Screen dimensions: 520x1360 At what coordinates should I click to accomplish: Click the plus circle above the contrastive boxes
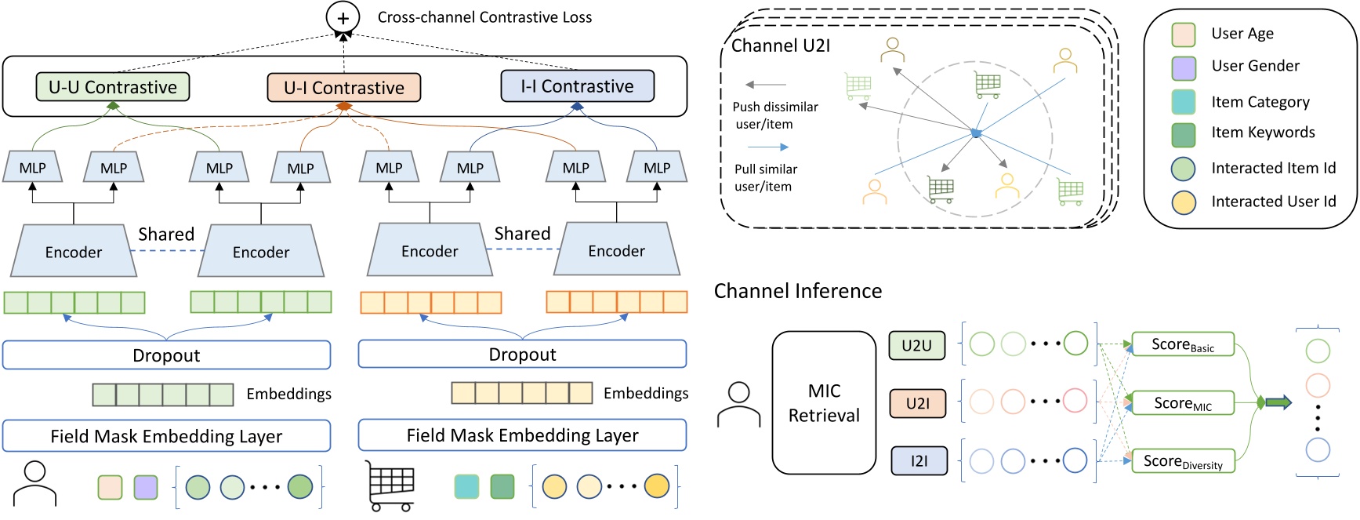click(x=343, y=16)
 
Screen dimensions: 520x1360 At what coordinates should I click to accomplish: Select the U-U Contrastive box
click(x=113, y=87)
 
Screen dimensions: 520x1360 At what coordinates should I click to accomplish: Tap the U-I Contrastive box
click(x=343, y=88)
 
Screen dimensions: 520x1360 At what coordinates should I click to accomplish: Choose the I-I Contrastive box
click(x=577, y=86)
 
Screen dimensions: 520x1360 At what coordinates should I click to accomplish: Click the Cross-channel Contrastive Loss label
click(x=484, y=17)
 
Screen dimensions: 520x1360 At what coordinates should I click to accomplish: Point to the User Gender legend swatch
click(x=1184, y=68)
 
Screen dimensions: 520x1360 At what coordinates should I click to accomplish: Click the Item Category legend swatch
click(x=1184, y=102)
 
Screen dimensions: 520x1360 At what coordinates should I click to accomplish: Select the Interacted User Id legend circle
click(x=1184, y=202)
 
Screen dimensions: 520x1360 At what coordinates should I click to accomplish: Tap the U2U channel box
click(x=917, y=345)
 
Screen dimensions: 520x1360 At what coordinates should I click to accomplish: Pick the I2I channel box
click(x=919, y=461)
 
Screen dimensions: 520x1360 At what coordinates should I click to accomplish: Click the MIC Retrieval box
click(x=824, y=403)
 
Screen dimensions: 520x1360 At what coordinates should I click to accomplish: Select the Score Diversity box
click(x=1183, y=461)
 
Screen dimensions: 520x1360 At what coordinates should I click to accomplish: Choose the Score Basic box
click(x=1183, y=344)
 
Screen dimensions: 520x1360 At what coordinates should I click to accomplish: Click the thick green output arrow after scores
click(x=1278, y=403)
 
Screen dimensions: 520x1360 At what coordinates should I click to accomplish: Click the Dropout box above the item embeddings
click(x=522, y=355)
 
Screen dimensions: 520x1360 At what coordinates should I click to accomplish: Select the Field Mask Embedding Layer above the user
click(x=166, y=436)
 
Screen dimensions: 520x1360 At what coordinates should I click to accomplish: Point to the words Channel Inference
click(x=798, y=291)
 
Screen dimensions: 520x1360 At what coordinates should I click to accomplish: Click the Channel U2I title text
click(x=780, y=45)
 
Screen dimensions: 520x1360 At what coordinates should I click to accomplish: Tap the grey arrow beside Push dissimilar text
click(x=766, y=85)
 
